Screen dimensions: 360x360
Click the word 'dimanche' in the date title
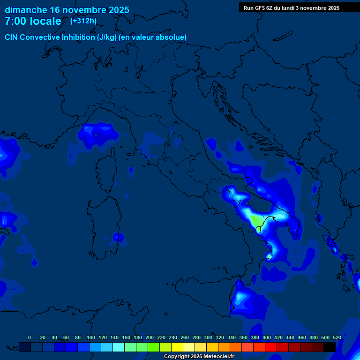coord(26,10)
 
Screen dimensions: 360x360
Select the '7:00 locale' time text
coord(33,21)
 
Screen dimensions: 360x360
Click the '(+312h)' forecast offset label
coord(83,21)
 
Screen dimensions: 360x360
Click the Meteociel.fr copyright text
coord(198,357)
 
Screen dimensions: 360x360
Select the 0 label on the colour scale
coord(30,337)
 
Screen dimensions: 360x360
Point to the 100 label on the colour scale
coord(91,337)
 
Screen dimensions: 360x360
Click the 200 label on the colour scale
coord(150,337)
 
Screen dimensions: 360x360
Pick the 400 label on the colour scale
coord(267,337)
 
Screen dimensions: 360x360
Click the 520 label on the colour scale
coord(337,337)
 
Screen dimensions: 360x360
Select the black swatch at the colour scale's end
coord(330,347)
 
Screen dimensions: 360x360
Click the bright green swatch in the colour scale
coord(154,347)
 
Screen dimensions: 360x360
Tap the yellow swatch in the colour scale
coord(177,347)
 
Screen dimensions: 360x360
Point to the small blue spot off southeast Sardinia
coord(118,237)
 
